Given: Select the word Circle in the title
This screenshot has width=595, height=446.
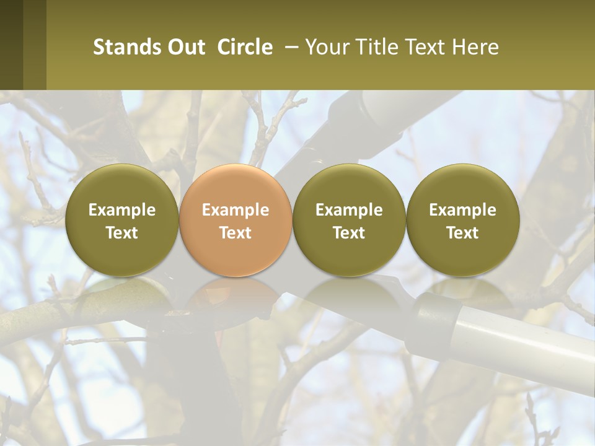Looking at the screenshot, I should point(245,47).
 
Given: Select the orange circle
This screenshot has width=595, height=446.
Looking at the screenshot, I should point(236,220).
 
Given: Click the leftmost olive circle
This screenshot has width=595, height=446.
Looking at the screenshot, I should point(121,220).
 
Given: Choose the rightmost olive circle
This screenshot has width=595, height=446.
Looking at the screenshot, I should point(462,220).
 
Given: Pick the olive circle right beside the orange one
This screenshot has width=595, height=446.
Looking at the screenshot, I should point(349,220).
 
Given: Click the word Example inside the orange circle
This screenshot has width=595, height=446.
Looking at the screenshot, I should point(236,210).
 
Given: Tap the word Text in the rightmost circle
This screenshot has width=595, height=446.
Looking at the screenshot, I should point(462,233).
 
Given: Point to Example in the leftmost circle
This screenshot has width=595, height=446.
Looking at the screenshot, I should point(121,210).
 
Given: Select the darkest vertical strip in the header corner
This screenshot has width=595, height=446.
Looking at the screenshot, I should point(11,45).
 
